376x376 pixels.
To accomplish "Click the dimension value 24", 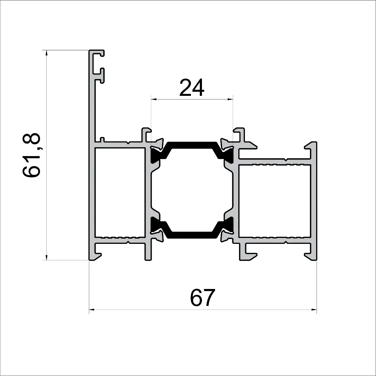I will (192, 88).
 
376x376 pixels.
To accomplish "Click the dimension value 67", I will (202, 298).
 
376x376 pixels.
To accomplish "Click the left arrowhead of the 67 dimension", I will (92, 310).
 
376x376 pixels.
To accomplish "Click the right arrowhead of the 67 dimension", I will (314, 310).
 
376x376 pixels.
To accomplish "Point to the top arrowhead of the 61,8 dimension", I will (46, 53).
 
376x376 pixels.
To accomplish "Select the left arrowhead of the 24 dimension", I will (154, 99).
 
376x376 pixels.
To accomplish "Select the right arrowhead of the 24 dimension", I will (230, 99).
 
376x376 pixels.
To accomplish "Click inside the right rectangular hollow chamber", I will (275, 200).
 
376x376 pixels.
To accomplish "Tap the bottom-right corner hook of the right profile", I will (311, 255).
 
